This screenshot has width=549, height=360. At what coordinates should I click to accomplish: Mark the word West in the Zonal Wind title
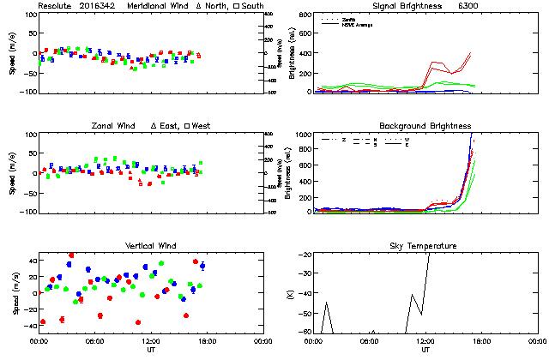pyautogui.click(x=202, y=126)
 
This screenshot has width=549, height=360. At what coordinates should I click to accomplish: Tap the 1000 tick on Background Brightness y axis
pyautogui.click(x=303, y=135)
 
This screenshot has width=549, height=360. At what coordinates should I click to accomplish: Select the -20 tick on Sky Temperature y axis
pyautogui.click(x=304, y=255)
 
